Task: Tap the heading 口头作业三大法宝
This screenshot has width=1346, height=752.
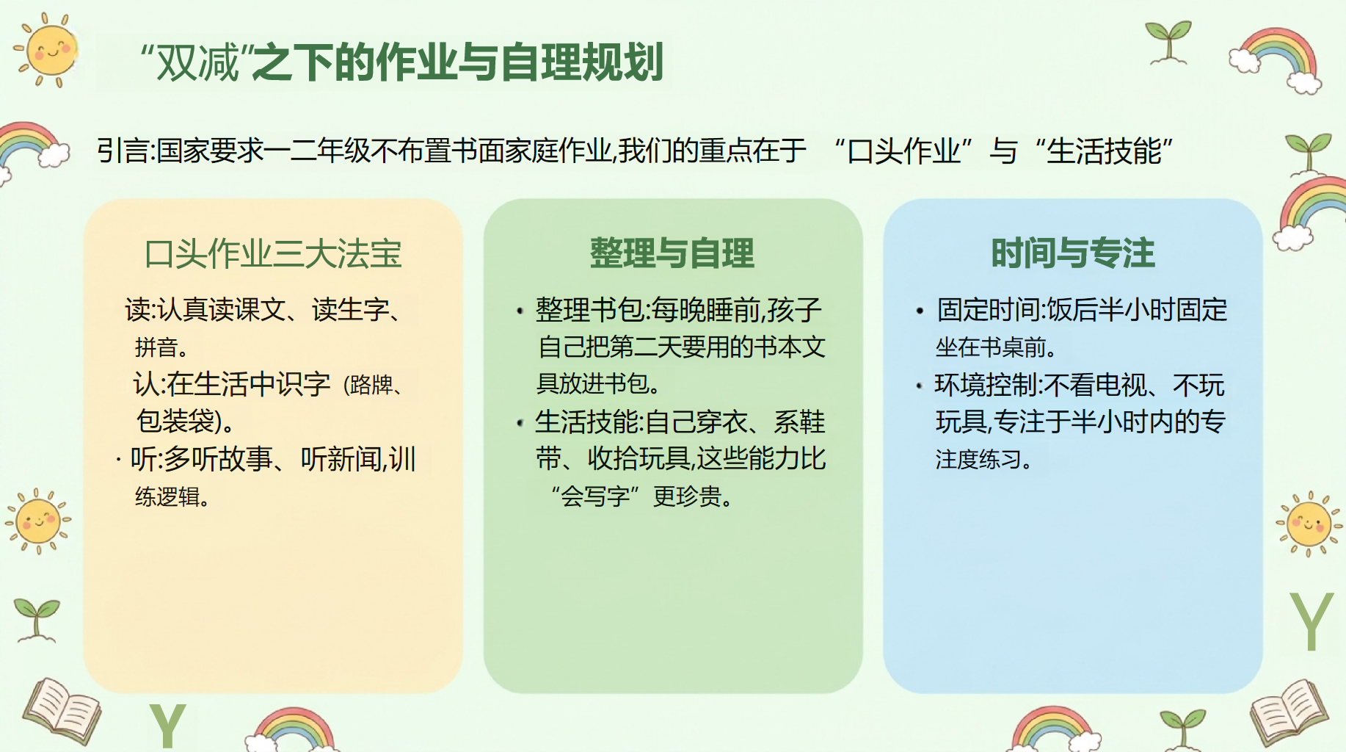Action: click(x=273, y=254)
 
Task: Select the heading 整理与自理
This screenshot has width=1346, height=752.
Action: click(x=672, y=253)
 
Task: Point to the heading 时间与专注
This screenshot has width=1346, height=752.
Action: click(x=1073, y=253)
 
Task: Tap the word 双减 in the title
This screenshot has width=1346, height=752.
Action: click(x=198, y=62)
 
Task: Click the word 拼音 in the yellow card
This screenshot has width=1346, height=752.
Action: click(x=156, y=347)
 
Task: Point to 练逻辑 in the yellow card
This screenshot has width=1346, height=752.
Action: click(x=167, y=496)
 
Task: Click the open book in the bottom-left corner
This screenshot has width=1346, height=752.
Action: click(x=62, y=710)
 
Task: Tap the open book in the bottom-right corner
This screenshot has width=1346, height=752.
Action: click(x=1289, y=710)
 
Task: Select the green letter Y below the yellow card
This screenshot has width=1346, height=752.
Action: click(x=167, y=726)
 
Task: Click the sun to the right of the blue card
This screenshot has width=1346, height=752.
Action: click(x=1309, y=524)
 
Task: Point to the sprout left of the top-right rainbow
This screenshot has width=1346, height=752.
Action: click(x=1168, y=43)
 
